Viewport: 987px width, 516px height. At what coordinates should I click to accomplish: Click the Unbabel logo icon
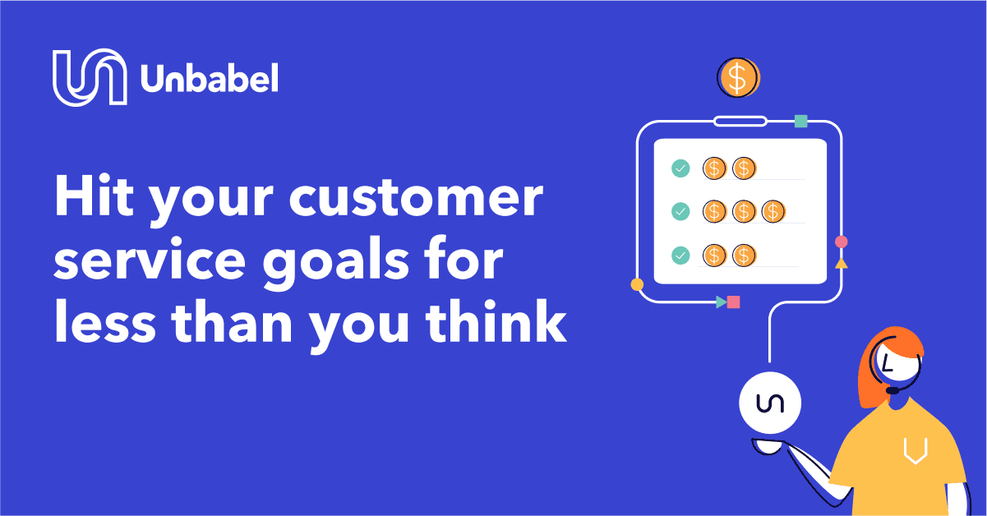pyautogui.click(x=90, y=77)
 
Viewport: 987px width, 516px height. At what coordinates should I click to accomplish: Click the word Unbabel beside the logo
pyautogui.click(x=210, y=78)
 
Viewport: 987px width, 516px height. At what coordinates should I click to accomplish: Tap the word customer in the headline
pyautogui.click(x=416, y=197)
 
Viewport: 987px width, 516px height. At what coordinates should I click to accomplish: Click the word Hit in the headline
pyautogui.click(x=94, y=195)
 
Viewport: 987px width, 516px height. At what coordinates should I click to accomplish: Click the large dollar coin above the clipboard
pyautogui.click(x=739, y=77)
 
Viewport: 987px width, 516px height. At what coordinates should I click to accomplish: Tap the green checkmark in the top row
pyautogui.click(x=680, y=168)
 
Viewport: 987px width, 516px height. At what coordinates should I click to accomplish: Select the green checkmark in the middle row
pyautogui.click(x=680, y=211)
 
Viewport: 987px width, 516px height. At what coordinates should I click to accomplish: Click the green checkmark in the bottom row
pyautogui.click(x=680, y=256)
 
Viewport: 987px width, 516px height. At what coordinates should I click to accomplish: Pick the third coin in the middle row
pyautogui.click(x=773, y=211)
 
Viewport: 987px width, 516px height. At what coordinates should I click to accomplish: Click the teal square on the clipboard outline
pyautogui.click(x=800, y=121)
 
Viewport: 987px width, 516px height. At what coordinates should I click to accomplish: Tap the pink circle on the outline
pyautogui.click(x=842, y=242)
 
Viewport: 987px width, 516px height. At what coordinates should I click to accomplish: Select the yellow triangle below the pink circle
pyautogui.click(x=842, y=264)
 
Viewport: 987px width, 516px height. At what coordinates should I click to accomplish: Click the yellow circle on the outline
pyautogui.click(x=637, y=284)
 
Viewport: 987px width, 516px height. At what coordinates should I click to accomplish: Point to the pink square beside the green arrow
pyautogui.click(x=733, y=302)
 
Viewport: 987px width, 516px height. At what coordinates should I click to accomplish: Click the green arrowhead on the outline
pyautogui.click(x=721, y=302)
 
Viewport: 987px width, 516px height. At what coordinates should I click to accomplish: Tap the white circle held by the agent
pyautogui.click(x=770, y=403)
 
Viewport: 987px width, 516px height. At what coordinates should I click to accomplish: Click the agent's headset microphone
pyautogui.click(x=892, y=390)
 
